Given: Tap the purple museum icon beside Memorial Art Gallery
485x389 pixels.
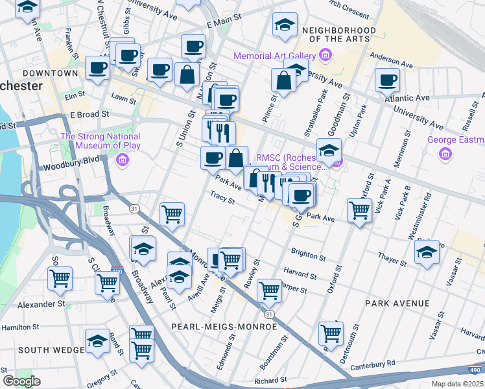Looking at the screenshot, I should pyautogui.click(x=325, y=56).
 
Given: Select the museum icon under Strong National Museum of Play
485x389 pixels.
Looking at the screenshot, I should pyautogui.click(x=121, y=159).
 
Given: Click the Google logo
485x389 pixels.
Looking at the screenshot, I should pyautogui.click(x=21, y=381).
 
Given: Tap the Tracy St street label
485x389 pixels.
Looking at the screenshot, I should pyautogui.click(x=222, y=196).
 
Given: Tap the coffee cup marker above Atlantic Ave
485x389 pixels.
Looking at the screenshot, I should pyautogui.click(x=387, y=80).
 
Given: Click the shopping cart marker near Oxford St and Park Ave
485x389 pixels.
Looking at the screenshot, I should pyautogui.click(x=359, y=210).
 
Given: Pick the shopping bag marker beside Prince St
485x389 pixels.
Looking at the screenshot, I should pyautogui.click(x=283, y=80).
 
